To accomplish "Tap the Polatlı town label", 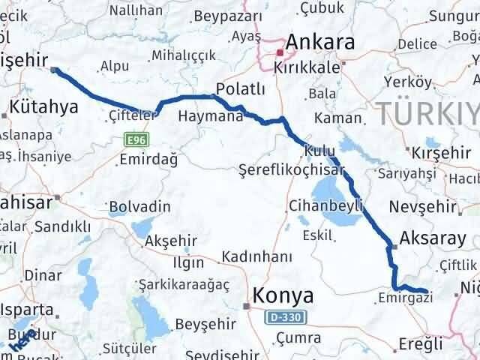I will coord(240,89).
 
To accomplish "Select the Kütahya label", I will coord(44,107).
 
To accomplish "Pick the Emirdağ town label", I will coord(153,159).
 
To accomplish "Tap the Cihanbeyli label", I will coord(325,205).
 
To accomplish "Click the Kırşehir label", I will coord(440,151).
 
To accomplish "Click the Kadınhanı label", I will coord(256,257).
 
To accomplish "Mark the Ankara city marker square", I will coord(279,52).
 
